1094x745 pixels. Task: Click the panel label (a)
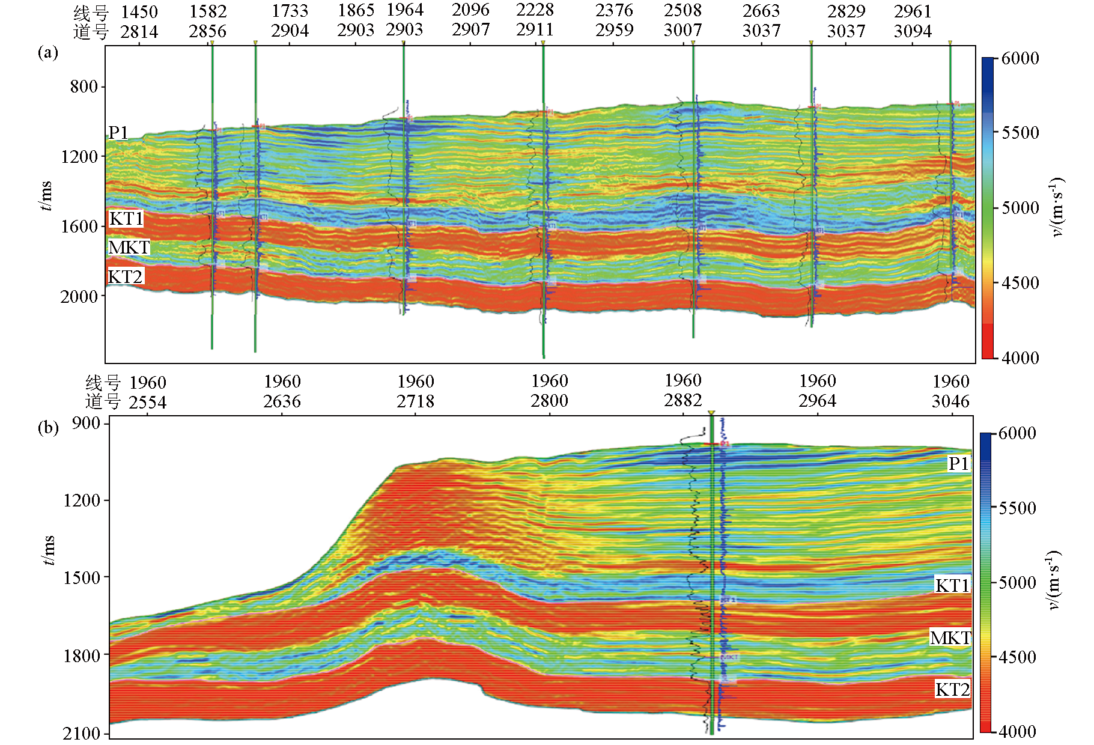(x=47, y=53)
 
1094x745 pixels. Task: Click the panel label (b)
(x=47, y=428)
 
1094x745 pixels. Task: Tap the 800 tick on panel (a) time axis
(x=84, y=87)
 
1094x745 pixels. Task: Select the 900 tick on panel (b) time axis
(x=86, y=424)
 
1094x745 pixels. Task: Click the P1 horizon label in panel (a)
(x=118, y=132)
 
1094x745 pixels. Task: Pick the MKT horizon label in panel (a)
(x=129, y=248)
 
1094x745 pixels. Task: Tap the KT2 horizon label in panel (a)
(x=126, y=276)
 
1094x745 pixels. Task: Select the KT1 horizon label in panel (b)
(x=952, y=585)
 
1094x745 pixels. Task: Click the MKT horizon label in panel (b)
(x=950, y=637)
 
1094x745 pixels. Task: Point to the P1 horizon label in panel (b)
(x=958, y=463)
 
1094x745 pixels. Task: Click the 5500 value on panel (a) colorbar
(x=1020, y=132)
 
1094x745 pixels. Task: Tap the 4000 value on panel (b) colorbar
(x=1017, y=731)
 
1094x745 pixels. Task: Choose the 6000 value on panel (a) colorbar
(x=1020, y=58)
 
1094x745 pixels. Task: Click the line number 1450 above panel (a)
(x=139, y=11)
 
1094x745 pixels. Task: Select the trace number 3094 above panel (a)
(x=913, y=31)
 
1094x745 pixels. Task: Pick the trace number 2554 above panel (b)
(x=148, y=402)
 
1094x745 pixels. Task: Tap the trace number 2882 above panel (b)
(x=683, y=401)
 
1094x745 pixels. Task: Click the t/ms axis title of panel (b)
(x=48, y=550)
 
